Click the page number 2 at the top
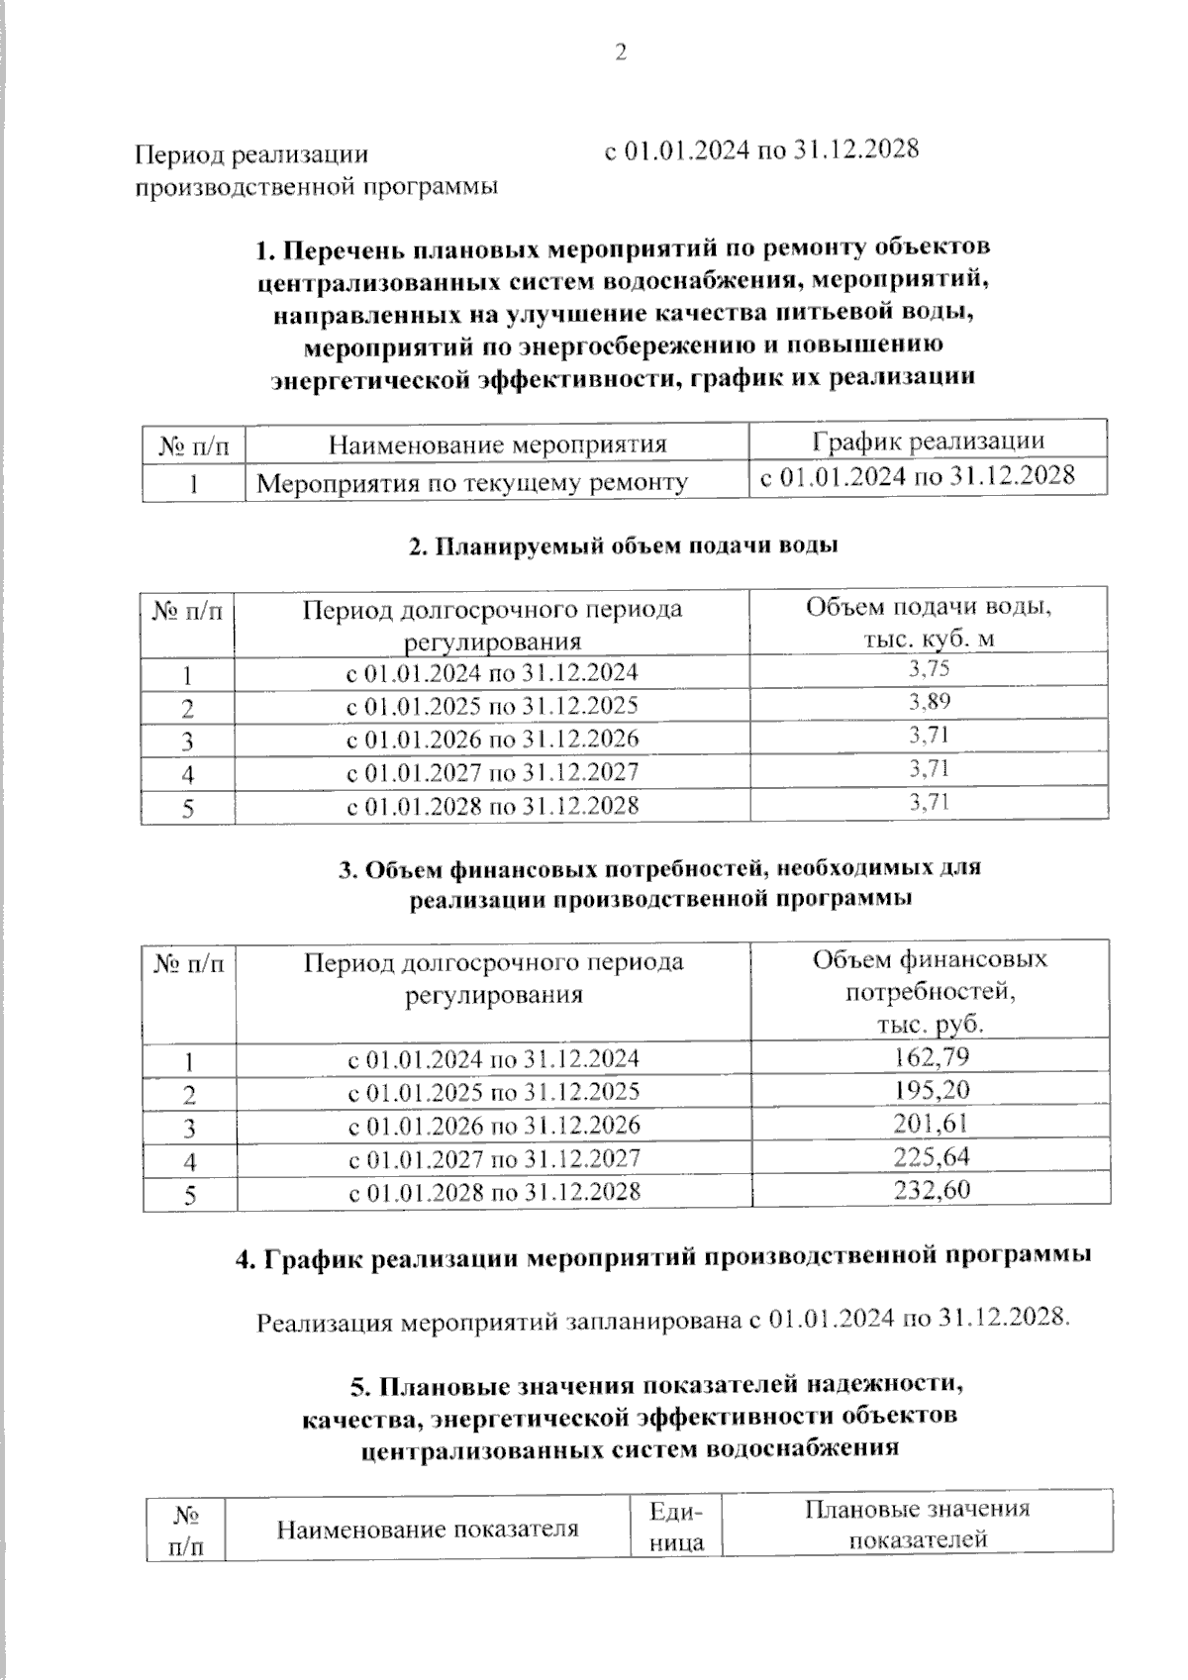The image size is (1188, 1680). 621,53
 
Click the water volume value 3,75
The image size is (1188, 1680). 929,670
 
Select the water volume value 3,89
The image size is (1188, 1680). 929,703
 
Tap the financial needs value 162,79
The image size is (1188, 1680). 931,1056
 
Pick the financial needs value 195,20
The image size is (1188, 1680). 931,1090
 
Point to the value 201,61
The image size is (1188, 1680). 931,1123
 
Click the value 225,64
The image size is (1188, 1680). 931,1156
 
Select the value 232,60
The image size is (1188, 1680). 931,1189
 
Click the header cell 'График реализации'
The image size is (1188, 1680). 928,442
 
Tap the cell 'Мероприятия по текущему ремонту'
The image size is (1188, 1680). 472,483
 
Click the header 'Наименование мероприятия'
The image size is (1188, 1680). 497,445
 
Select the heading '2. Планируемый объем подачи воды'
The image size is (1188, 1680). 624,545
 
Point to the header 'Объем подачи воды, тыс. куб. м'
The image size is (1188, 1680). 928,622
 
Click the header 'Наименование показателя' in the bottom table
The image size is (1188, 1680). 427,1529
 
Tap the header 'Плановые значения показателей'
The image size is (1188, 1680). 917,1524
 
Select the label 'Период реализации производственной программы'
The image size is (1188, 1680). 316,170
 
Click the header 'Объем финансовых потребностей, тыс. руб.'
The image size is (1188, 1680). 930,991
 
